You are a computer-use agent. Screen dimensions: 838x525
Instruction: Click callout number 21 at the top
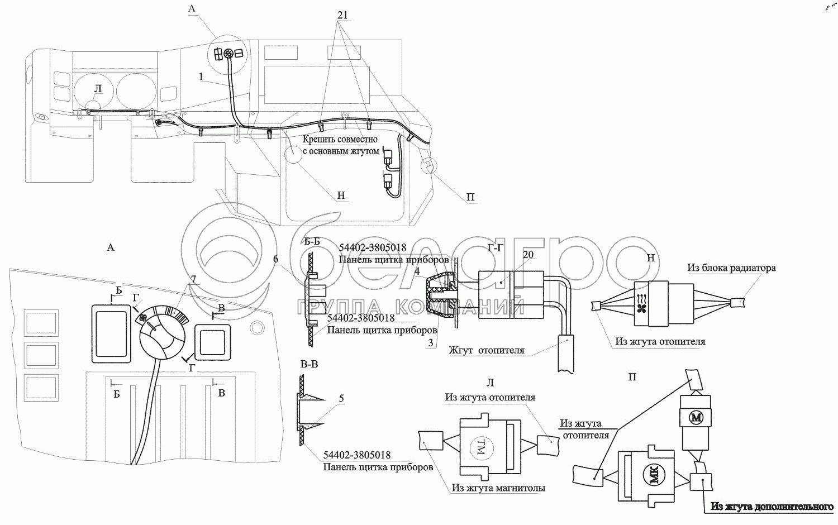click(342, 15)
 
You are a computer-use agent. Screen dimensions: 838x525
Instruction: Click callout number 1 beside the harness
click(201, 77)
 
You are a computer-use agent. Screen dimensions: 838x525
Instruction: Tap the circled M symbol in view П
click(696, 417)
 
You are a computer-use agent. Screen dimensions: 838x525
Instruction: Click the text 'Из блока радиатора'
click(731, 268)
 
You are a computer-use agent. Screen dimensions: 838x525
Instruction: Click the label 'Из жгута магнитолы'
click(498, 488)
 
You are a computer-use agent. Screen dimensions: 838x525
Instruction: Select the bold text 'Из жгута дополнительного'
click(772, 507)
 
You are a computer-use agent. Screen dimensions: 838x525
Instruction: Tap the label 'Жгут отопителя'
click(487, 350)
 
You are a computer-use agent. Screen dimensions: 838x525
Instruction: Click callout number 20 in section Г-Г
click(528, 255)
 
